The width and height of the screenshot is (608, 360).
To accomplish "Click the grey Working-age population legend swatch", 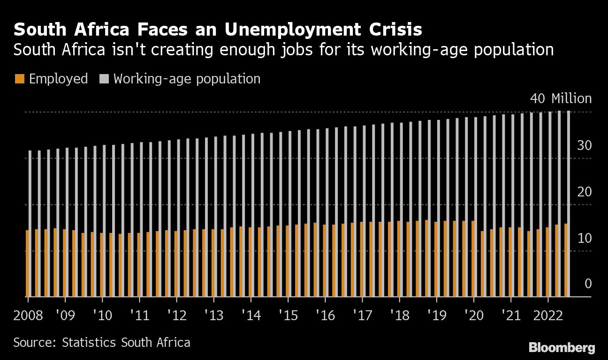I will pyautogui.click(x=104, y=79).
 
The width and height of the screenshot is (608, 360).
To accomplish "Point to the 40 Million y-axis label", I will pyautogui.click(x=561, y=98).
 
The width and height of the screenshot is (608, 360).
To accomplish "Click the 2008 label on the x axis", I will pyautogui.click(x=28, y=315).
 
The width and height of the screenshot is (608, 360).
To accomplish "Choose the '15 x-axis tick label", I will pyautogui.click(x=288, y=315).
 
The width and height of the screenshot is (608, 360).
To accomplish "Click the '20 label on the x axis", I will pyautogui.click(x=474, y=315).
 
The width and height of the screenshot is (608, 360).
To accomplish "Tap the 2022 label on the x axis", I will pyautogui.click(x=548, y=315).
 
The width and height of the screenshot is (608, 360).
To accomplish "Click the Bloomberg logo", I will pyautogui.click(x=562, y=347).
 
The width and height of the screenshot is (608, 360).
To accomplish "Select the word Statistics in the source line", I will pyautogui.click(x=91, y=342).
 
